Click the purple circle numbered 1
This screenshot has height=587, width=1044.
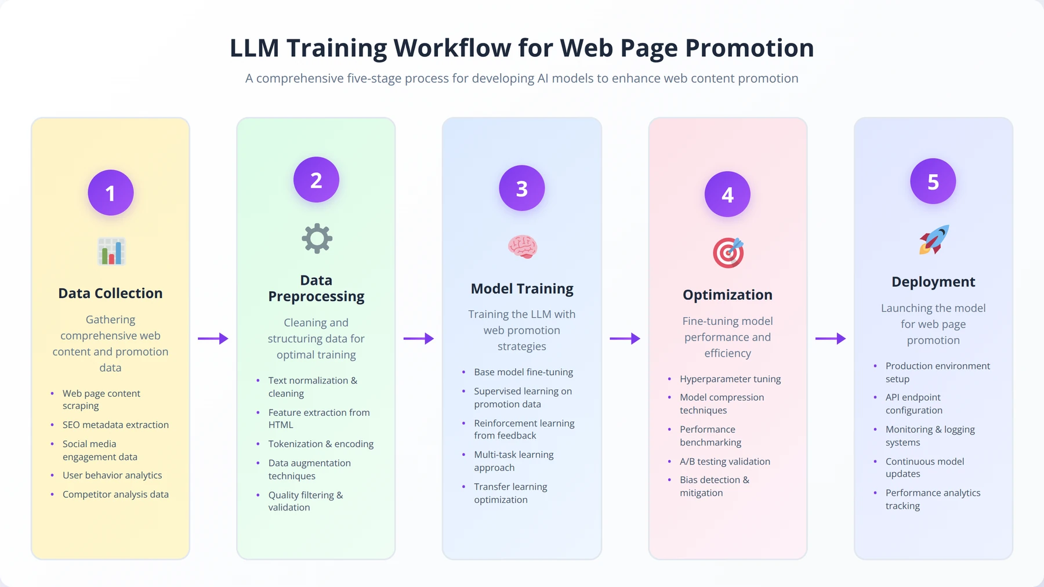[x=110, y=193]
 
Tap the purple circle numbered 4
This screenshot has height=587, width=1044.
[x=727, y=194]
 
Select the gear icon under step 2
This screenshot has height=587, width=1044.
[x=317, y=238]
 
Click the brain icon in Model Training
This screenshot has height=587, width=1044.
[x=523, y=247]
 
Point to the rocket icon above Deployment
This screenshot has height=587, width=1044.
[x=934, y=240]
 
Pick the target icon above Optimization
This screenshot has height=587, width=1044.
[x=728, y=253]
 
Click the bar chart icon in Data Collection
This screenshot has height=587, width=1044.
[x=111, y=252]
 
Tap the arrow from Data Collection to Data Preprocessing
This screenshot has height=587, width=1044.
[x=213, y=338]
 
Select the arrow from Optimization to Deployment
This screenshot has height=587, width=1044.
[x=831, y=338]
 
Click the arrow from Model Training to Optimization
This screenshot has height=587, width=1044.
[x=625, y=338]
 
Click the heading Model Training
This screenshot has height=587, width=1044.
[x=522, y=289]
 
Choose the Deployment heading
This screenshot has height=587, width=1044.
[x=933, y=282]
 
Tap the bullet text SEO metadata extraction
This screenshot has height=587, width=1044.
[x=115, y=425]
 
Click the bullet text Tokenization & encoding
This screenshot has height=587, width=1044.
[x=321, y=444]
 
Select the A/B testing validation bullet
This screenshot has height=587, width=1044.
[x=725, y=461]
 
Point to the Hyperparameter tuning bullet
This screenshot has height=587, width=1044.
[x=730, y=379]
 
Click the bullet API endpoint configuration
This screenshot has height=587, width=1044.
[x=914, y=404]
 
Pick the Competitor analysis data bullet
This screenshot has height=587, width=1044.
[x=115, y=494]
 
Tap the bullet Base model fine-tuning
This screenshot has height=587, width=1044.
[x=523, y=372]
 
